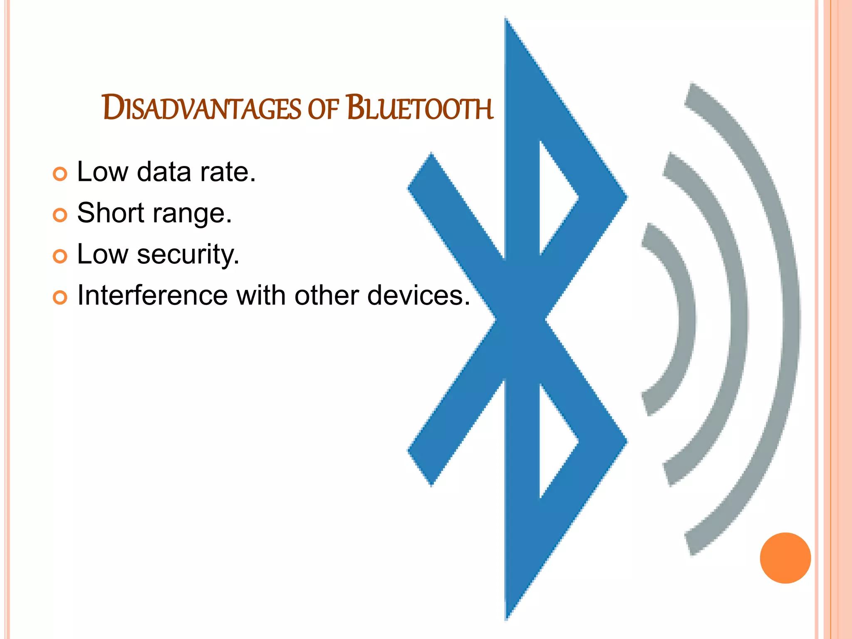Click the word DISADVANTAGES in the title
(x=201, y=108)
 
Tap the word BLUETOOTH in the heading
(x=420, y=108)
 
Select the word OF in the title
(x=323, y=109)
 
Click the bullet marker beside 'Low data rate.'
(x=60, y=174)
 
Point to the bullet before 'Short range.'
(x=60, y=215)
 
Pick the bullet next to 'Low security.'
(x=60, y=256)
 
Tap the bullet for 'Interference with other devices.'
(x=60, y=297)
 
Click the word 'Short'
(x=110, y=213)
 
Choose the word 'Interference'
(x=152, y=295)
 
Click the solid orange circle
(x=785, y=558)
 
